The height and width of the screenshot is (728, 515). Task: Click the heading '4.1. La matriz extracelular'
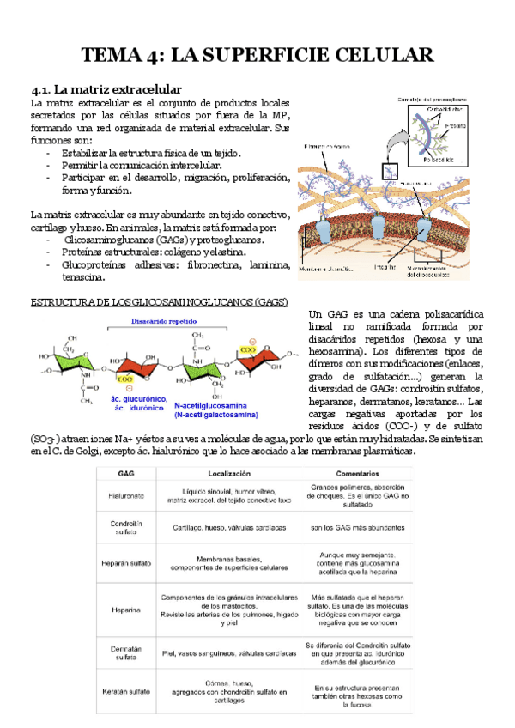tap(105, 88)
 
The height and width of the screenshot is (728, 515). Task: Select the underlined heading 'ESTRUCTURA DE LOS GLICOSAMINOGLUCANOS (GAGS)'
tap(159, 304)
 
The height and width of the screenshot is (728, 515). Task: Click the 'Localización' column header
tap(228, 473)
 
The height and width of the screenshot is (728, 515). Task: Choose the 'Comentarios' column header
tap(357, 473)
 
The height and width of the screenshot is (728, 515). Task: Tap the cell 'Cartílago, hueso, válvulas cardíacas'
tap(228, 527)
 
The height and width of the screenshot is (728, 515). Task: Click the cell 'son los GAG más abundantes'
tap(357, 527)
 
